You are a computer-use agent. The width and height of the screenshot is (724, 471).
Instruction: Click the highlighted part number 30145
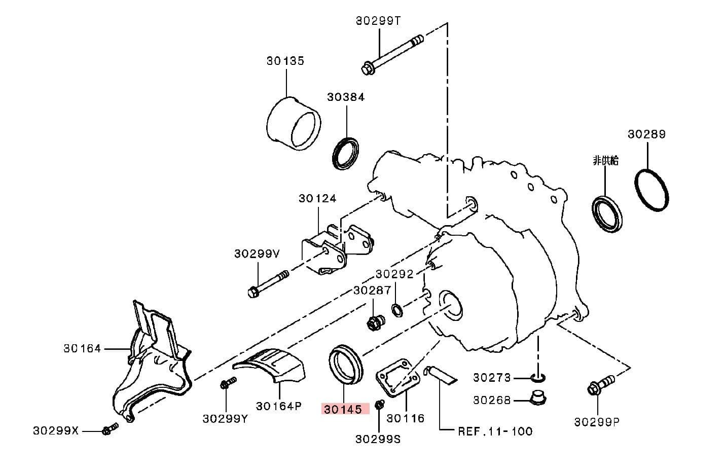pyautogui.click(x=343, y=409)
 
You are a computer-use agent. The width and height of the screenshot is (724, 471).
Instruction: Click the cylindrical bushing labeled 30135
pyautogui.click(x=294, y=124)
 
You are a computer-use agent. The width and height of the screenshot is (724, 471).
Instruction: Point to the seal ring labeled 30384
pyautogui.click(x=345, y=152)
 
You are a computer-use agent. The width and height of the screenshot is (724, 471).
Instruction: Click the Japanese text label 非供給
pyautogui.click(x=605, y=161)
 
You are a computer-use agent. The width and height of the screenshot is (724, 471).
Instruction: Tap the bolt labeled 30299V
pyautogui.click(x=269, y=284)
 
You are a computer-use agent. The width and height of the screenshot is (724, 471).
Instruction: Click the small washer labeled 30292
pyautogui.click(x=396, y=309)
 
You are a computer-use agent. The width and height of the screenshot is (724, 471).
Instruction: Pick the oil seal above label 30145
pyautogui.click(x=345, y=365)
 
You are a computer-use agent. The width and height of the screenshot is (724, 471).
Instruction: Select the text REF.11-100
pyautogui.click(x=495, y=431)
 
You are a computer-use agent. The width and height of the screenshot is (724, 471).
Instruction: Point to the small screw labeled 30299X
pyautogui.click(x=110, y=429)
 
